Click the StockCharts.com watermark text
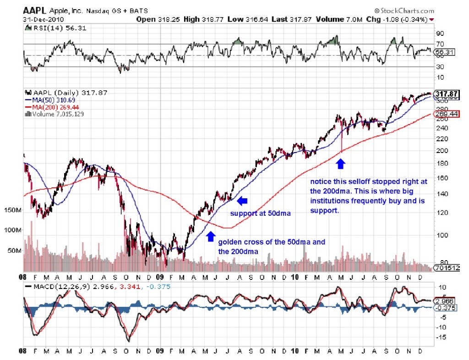404,11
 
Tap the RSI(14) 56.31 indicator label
55,28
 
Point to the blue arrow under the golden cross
210,236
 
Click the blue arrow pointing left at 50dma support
242,200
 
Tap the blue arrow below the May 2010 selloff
341,164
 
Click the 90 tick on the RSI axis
440,33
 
